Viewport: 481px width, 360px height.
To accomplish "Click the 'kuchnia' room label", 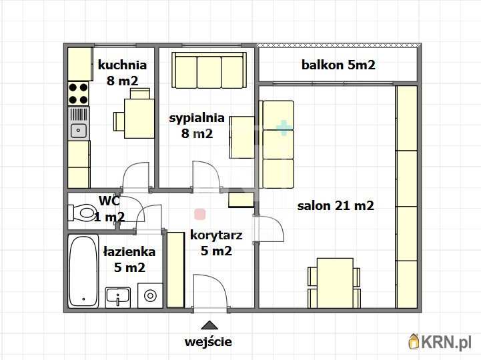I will click(x=122, y=65).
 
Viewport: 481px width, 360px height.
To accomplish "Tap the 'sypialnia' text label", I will click(x=196, y=118).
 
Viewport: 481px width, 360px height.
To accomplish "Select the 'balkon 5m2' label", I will click(x=338, y=65).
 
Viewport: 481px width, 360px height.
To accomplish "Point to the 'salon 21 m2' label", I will click(x=335, y=205).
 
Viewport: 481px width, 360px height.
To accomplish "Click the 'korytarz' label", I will click(x=215, y=235).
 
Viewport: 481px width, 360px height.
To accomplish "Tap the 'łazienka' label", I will click(x=129, y=251).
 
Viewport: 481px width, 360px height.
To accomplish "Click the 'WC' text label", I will click(x=109, y=200).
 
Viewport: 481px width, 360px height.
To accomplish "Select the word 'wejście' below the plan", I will click(x=208, y=342).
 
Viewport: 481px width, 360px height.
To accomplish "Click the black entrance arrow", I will click(x=209, y=325).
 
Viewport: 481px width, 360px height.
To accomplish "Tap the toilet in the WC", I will click(x=82, y=213).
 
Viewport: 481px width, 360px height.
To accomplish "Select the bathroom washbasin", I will click(x=118, y=296).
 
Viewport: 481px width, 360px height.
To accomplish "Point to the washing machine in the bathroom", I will click(x=150, y=295).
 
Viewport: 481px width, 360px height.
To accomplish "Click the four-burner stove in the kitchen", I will click(x=79, y=93).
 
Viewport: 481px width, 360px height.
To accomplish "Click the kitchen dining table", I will click(x=139, y=119).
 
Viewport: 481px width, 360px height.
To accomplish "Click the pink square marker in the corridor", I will click(x=199, y=214).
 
